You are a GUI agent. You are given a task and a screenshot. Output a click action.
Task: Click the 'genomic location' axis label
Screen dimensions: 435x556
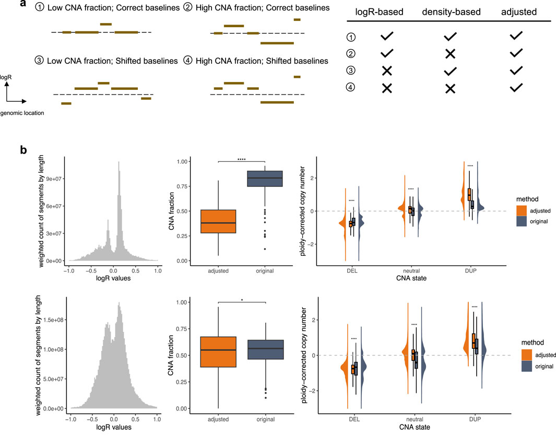click(21, 113)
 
